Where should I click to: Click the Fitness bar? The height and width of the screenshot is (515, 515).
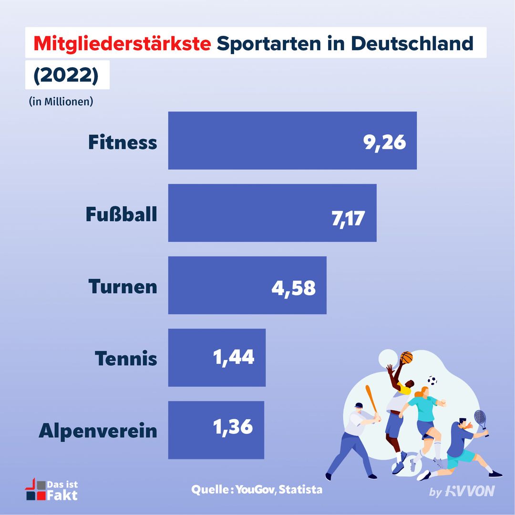click(x=267, y=140)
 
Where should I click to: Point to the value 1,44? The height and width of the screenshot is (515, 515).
click(x=234, y=358)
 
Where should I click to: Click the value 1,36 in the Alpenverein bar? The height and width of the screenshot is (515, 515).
click(x=233, y=427)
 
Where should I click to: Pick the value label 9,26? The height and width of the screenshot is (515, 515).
click(x=384, y=142)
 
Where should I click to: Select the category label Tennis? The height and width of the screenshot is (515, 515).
click(x=126, y=359)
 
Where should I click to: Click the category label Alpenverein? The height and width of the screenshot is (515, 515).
click(x=98, y=431)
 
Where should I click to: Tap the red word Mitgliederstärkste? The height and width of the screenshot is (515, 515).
click(x=123, y=44)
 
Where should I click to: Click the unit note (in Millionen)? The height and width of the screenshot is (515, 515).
click(x=61, y=102)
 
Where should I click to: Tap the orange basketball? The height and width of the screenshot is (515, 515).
click(x=406, y=357)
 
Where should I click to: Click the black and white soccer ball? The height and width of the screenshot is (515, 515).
click(x=432, y=380)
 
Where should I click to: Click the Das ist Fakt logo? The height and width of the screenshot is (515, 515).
click(x=51, y=490)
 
